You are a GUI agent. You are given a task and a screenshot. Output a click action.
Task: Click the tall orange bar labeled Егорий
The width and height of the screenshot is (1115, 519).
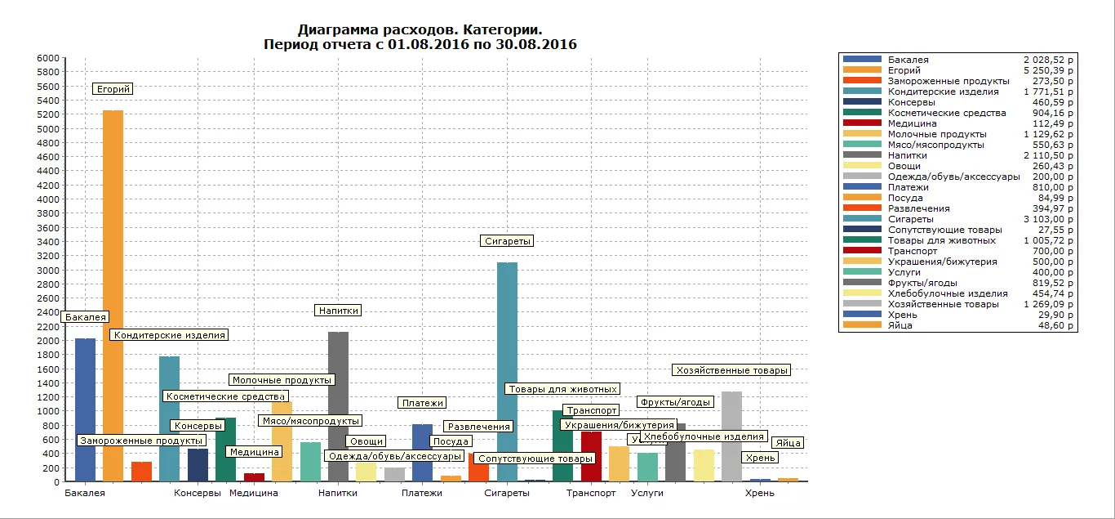click(113, 294)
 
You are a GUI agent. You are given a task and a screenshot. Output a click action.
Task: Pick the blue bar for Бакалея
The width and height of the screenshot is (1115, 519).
click(85, 409)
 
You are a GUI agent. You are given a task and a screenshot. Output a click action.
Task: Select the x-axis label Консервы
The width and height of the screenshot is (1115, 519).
click(198, 493)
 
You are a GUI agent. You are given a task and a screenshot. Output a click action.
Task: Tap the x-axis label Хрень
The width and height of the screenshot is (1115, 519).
click(759, 493)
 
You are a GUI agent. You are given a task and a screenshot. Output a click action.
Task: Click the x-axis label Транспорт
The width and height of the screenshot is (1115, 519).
click(591, 493)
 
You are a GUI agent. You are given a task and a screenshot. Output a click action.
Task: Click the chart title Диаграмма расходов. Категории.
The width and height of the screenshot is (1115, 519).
click(420, 30)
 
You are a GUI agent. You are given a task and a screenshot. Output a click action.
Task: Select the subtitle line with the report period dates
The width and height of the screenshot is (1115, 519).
click(420, 44)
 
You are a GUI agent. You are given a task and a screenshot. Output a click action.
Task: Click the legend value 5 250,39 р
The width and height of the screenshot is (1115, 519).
click(1048, 70)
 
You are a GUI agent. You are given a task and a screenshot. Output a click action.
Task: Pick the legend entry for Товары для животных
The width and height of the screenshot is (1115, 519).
click(941, 240)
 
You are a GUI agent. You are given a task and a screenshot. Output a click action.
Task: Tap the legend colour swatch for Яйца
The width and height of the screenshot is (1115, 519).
click(862, 325)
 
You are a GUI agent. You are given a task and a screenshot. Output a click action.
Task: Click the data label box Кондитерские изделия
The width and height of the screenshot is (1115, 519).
click(169, 335)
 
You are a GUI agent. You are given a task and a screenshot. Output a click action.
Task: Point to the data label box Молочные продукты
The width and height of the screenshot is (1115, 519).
click(282, 380)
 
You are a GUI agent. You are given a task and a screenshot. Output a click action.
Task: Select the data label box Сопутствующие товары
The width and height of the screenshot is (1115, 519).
click(535, 459)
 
